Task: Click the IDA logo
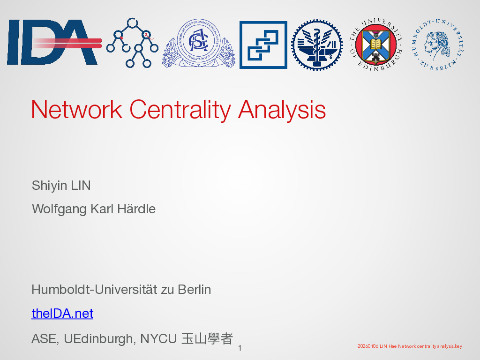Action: click(x=54, y=42)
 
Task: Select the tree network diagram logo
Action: click(x=132, y=43)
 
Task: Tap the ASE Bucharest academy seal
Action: click(x=199, y=43)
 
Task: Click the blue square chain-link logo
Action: click(x=263, y=45)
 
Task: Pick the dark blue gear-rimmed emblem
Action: click(x=317, y=45)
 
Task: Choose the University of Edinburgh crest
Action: click(x=376, y=45)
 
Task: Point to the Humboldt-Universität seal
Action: click(x=438, y=45)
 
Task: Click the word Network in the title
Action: click(x=76, y=109)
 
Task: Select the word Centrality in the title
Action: click(x=180, y=110)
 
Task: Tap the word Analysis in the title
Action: click(x=282, y=110)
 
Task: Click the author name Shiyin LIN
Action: click(x=61, y=186)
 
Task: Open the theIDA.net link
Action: click(x=62, y=314)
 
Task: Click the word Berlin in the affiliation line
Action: click(x=195, y=290)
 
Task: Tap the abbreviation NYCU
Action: click(x=158, y=339)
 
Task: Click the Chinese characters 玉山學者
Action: click(x=207, y=338)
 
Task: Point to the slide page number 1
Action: click(x=240, y=348)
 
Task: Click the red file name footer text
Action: click(x=410, y=346)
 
